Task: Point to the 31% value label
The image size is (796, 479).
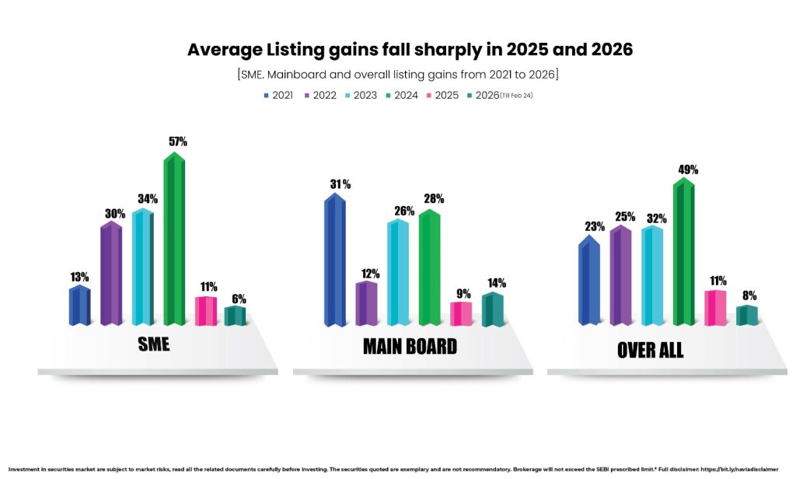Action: pos(340,184)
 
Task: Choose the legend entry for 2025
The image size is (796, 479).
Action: pos(442,96)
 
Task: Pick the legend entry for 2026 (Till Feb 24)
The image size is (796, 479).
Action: pos(499,96)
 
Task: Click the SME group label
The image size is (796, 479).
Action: pos(153,344)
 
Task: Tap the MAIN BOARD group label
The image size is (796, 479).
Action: pos(410,346)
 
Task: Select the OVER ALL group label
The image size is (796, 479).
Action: pos(650,350)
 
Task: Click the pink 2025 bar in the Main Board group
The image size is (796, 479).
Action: pos(461,313)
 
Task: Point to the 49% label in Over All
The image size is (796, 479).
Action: pos(687,169)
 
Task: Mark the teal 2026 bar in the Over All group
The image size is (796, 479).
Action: pos(746,315)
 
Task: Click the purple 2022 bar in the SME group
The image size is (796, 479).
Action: pos(111,273)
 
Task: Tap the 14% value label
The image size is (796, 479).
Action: pos(496,283)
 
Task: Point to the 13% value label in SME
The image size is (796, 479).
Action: pos(79,277)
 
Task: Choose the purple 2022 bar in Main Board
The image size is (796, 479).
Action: pos(366,303)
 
